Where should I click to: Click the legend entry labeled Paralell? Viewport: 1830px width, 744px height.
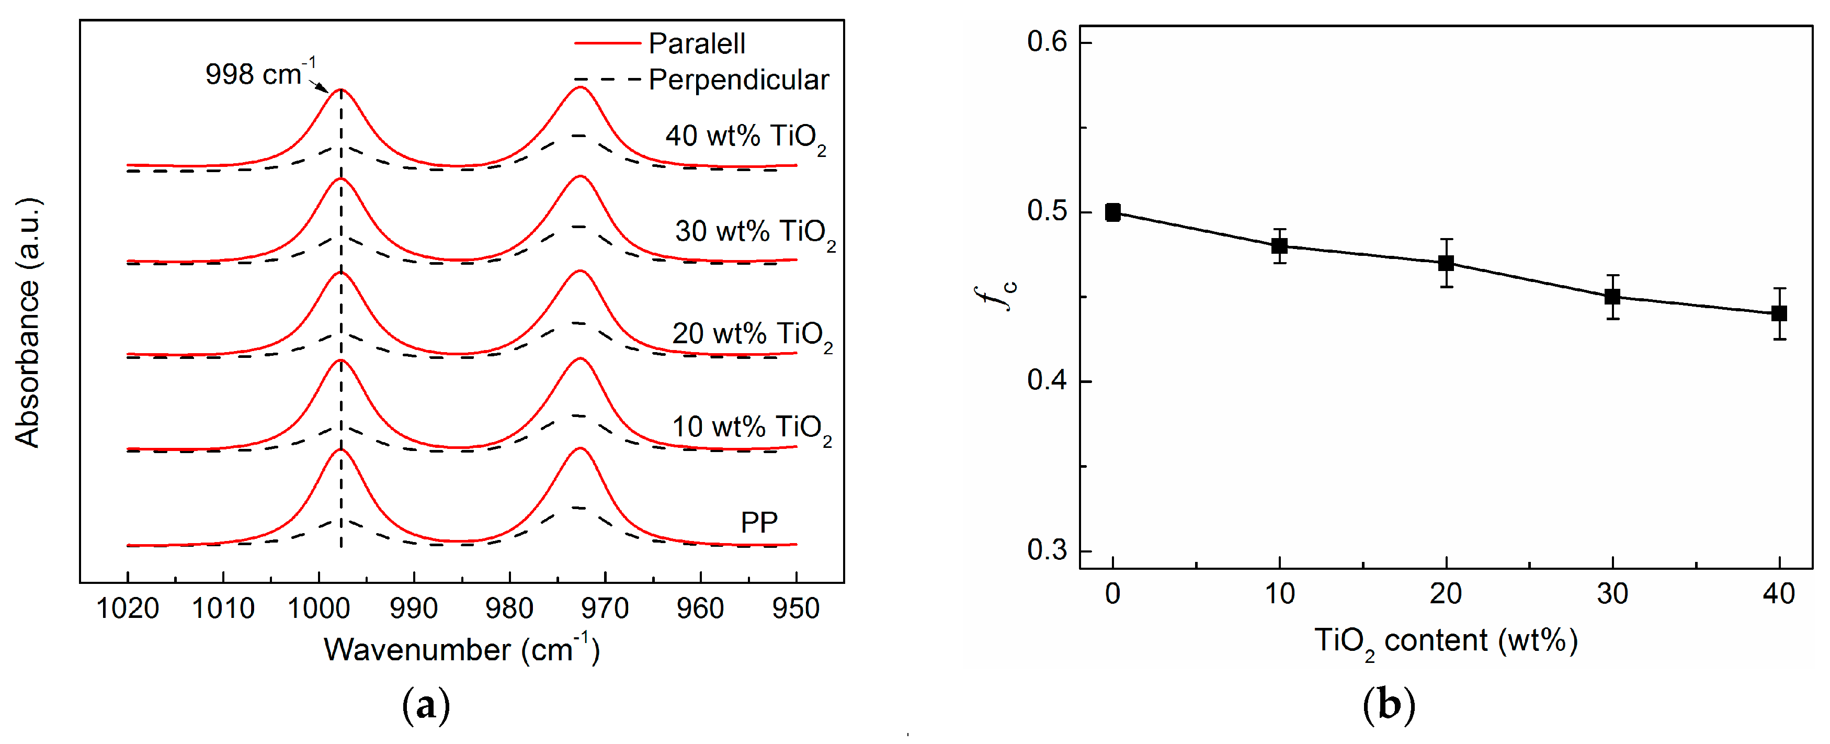[696, 44]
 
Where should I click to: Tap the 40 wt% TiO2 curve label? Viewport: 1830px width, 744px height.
[745, 137]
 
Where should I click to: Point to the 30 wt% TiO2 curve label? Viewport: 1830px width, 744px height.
[755, 232]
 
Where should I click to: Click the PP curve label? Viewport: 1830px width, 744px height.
[759, 523]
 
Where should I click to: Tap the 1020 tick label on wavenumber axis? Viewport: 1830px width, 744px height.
[127, 609]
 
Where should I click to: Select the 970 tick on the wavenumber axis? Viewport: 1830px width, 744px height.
[605, 609]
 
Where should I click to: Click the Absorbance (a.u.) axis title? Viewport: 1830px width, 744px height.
[28, 323]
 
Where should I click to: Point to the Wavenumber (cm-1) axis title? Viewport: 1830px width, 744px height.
[462, 649]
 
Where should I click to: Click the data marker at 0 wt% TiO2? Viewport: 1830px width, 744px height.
[1112, 212]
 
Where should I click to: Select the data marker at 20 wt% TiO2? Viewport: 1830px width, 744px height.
[1446, 263]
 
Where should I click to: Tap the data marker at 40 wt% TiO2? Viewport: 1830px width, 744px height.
[1779, 313]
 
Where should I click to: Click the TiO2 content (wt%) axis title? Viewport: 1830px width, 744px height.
[1446, 641]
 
